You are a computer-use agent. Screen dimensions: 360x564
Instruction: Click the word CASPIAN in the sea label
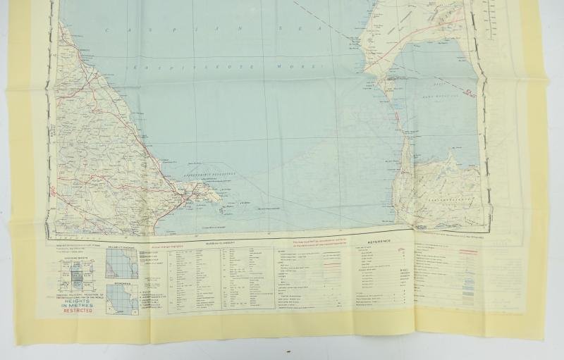[x=130, y=29]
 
